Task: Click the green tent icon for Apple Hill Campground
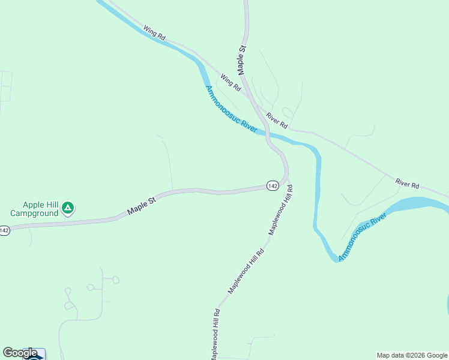68,208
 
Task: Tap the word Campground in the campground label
34,213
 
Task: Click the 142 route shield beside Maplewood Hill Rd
273,186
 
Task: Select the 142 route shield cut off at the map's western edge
4,230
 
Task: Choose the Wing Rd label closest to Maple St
230,82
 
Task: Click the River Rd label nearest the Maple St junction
277,122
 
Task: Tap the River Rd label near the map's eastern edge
406,183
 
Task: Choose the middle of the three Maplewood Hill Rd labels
246,271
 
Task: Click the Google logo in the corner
20,353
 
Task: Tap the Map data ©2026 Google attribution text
412,355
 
